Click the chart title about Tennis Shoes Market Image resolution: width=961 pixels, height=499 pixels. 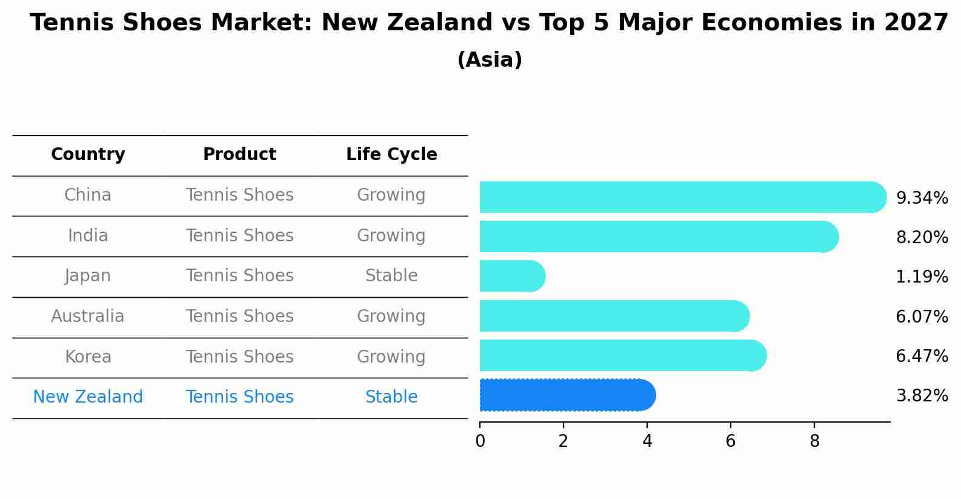489,23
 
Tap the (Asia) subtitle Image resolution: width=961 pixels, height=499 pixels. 490,60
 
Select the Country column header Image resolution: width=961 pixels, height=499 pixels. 88,155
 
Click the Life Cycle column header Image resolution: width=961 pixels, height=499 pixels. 391,155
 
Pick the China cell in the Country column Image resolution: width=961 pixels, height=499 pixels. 88,195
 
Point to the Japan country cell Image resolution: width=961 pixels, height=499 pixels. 88,276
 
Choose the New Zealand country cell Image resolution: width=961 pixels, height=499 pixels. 88,397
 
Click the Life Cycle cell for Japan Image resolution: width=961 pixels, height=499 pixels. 391,276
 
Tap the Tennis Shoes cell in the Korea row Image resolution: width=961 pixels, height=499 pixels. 239,357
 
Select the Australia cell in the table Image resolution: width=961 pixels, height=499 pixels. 88,316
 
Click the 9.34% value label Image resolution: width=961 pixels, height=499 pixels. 922,198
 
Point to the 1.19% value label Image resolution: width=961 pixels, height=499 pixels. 922,277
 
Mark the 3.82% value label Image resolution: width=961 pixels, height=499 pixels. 922,396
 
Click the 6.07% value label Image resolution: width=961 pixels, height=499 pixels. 922,316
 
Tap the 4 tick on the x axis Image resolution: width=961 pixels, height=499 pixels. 647,441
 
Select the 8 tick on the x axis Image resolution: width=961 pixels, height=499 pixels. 814,441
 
